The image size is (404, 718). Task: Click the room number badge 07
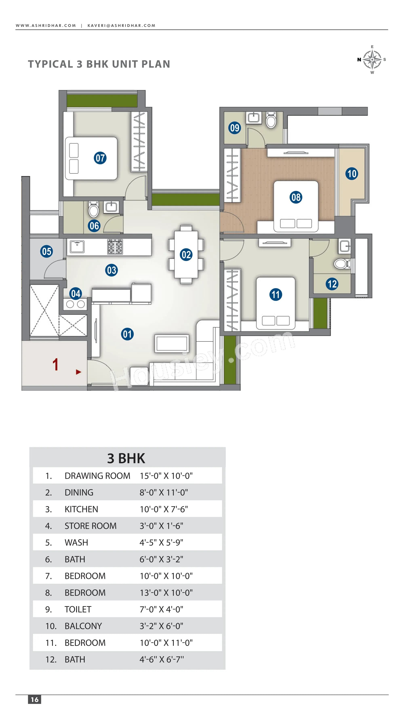100,158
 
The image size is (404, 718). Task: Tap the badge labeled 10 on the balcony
352,174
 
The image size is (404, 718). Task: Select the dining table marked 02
186,254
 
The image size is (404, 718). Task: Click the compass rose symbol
372,60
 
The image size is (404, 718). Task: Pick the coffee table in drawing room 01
172,343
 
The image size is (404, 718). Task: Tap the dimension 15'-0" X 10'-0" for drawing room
166,476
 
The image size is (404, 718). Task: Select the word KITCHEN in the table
81,509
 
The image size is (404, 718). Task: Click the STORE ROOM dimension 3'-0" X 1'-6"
161,526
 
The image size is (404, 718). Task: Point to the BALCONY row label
83,626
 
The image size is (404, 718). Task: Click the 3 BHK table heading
126,459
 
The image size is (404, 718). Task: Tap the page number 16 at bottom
35,700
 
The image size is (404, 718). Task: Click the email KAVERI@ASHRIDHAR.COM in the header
121,26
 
